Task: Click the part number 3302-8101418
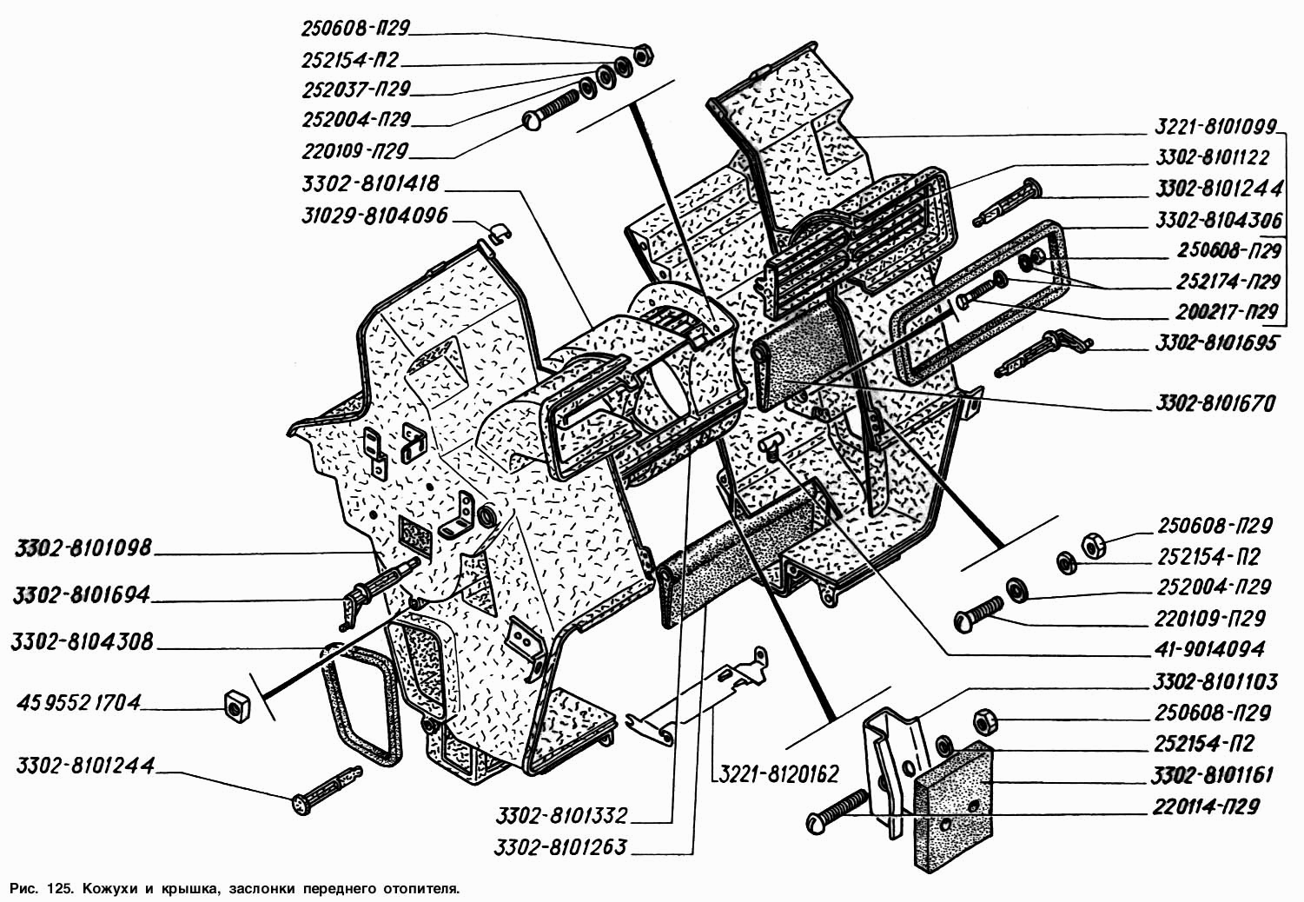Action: (370, 184)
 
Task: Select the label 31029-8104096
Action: (375, 216)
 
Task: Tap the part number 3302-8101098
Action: (83, 548)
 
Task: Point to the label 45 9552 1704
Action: (78, 703)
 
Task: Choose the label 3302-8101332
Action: (561, 816)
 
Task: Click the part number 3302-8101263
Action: (560, 847)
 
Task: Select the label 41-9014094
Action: (1208, 649)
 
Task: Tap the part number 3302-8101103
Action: (1215, 681)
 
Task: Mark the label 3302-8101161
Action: (1212, 776)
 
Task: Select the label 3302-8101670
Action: (1215, 403)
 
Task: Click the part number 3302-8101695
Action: (1215, 343)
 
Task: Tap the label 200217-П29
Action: (1227, 313)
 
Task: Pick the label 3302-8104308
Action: (82, 642)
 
